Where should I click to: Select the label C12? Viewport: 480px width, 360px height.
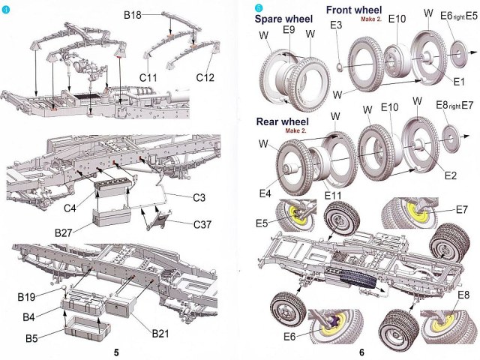[206, 77]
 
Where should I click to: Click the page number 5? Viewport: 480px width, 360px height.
[115, 352]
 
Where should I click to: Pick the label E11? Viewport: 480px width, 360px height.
[334, 196]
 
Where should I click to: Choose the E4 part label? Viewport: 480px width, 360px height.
[265, 193]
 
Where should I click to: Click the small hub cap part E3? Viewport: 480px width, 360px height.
[340, 67]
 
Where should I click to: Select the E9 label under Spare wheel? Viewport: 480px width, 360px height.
[289, 31]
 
